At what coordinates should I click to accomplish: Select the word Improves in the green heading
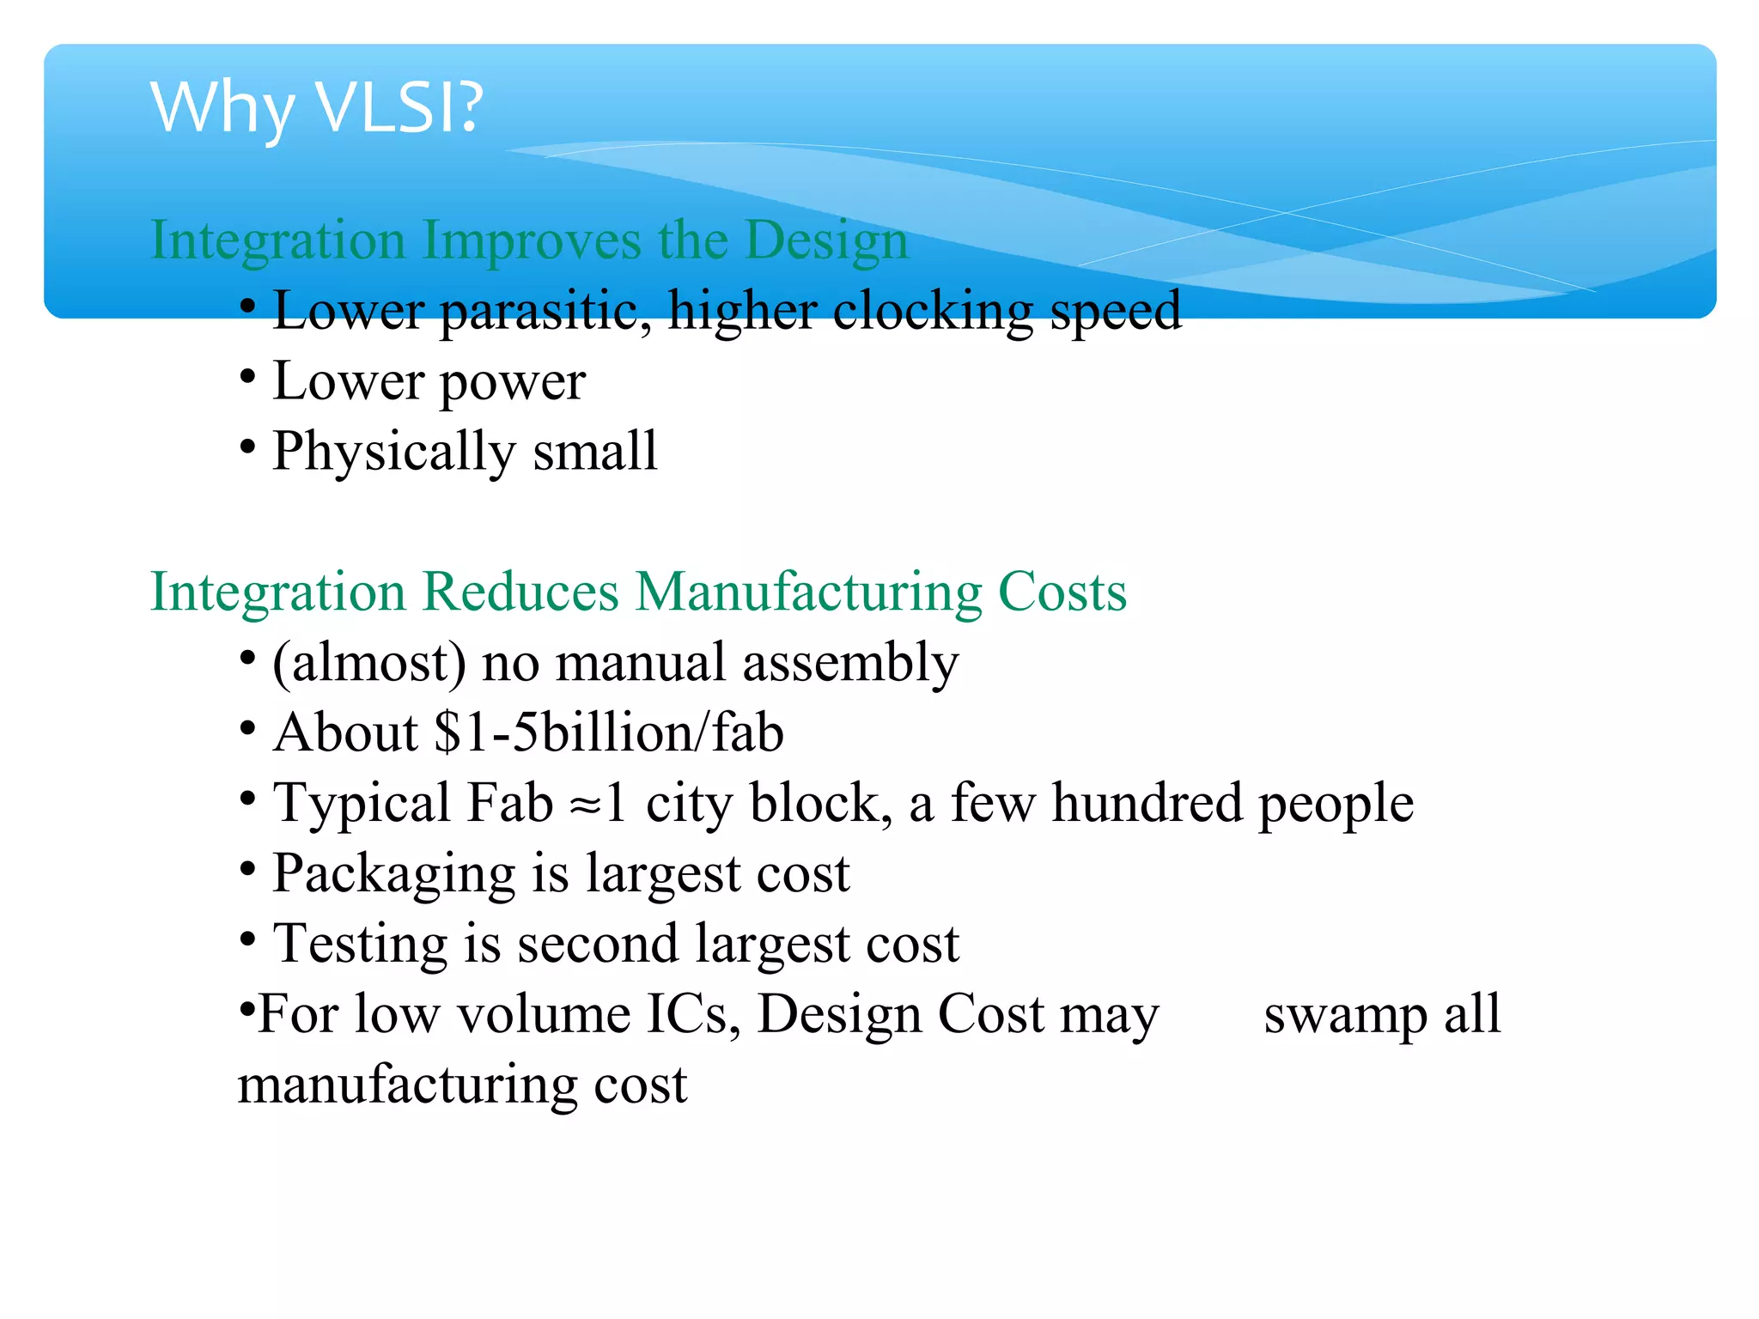pos(532,240)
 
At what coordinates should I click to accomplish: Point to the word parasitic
pos(544,310)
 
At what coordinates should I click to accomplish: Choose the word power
pos(513,382)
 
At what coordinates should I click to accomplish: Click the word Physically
pos(394,452)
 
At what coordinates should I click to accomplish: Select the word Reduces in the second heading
pos(520,592)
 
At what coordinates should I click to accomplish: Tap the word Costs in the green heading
pos(1062,592)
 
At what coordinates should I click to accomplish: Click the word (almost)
pos(369,663)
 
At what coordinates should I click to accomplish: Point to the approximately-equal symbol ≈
pos(587,805)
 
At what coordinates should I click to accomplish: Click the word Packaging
pos(393,875)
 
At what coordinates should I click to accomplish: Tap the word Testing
pos(360,945)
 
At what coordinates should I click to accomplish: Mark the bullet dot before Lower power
pos(247,376)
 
